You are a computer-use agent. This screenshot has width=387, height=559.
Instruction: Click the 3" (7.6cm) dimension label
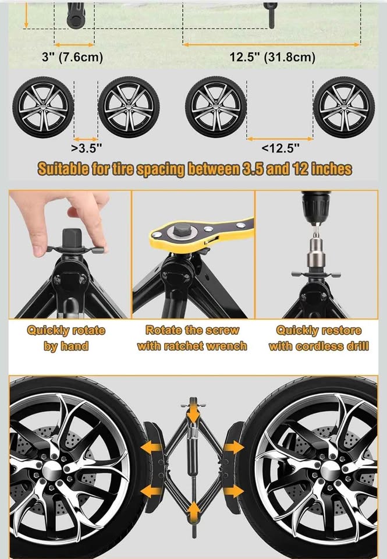pos(72,57)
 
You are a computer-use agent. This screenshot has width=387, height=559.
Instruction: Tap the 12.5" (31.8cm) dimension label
pos(272,57)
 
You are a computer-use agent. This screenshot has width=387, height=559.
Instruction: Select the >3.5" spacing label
pos(87,148)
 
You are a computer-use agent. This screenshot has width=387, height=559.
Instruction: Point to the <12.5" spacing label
pos(281,148)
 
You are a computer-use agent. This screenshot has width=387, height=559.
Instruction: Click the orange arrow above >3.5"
pos(86,139)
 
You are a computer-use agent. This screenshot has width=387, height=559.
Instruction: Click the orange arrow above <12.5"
pos(280,139)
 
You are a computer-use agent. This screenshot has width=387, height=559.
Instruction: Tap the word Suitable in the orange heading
pos(63,169)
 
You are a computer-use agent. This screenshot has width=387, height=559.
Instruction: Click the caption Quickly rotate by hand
pos(66,338)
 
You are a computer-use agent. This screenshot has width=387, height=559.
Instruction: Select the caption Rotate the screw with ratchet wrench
pos(192,338)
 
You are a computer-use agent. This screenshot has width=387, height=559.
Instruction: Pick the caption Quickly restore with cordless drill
pos(318,338)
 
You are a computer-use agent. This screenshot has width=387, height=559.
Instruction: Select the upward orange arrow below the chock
pos(193,511)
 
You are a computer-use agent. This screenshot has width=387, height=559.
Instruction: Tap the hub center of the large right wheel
pos(331,470)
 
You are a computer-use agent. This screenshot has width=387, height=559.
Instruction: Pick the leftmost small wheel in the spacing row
pos(43,107)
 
